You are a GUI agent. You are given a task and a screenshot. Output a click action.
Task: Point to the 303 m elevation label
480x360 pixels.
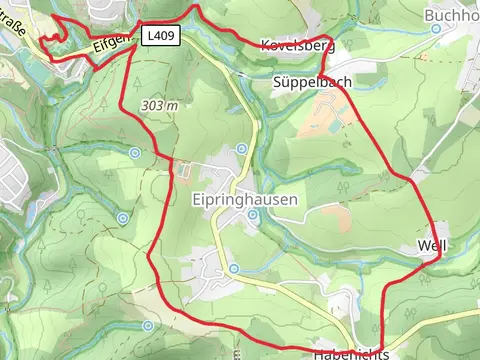click(x=160, y=105)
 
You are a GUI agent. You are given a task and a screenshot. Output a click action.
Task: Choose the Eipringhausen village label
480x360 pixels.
click(x=244, y=199)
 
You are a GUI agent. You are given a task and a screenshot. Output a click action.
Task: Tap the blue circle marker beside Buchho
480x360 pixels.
click(x=435, y=29)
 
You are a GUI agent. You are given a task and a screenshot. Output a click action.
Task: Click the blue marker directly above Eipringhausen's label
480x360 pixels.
click(x=242, y=149)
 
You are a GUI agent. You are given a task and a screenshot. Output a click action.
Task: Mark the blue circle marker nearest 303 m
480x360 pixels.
click(x=135, y=153)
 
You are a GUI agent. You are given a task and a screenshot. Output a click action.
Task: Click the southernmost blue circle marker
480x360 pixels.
click(x=147, y=325)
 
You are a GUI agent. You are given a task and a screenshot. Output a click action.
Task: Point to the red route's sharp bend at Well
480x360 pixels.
click(x=438, y=258)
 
